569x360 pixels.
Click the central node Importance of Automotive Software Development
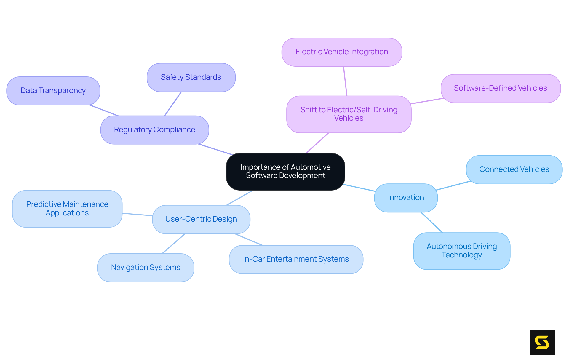click(x=285, y=172)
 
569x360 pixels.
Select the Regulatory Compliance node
click(x=154, y=130)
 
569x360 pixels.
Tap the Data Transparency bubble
click(x=53, y=91)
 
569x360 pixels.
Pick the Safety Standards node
click(x=191, y=77)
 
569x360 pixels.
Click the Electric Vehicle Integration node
click(x=342, y=52)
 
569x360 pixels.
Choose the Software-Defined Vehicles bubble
click(x=500, y=88)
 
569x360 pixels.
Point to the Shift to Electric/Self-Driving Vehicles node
click(x=349, y=114)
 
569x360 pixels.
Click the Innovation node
click(x=406, y=198)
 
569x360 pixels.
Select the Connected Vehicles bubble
click(x=514, y=169)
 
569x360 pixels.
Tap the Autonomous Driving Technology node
click(x=461, y=251)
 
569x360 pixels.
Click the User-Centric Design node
click(x=201, y=219)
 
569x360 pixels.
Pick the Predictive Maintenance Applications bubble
click(x=67, y=209)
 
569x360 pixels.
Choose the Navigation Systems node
click(x=146, y=268)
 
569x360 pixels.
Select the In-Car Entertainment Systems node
click(x=296, y=259)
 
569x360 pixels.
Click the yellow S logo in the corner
click(x=542, y=343)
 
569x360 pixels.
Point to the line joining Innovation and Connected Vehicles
click(x=453, y=185)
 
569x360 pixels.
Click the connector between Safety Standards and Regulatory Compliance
click(x=173, y=103)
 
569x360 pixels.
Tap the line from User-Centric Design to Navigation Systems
click(x=174, y=244)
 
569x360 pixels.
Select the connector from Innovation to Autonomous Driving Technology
click(x=432, y=222)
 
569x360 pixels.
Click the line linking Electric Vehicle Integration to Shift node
click(x=345, y=81)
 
